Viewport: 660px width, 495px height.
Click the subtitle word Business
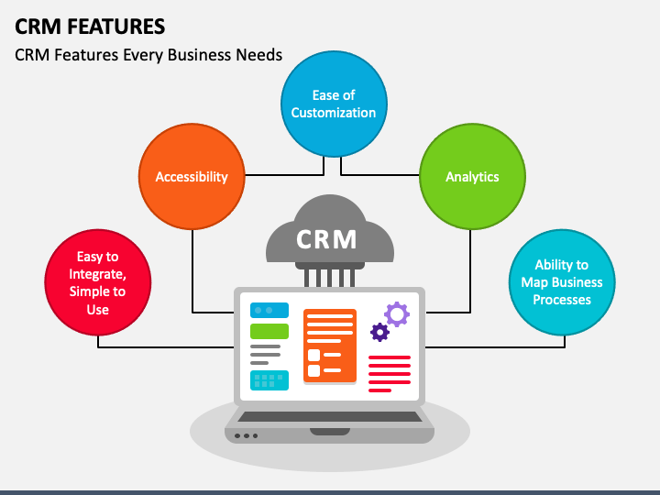(x=194, y=55)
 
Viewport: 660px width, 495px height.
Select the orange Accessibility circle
(x=192, y=177)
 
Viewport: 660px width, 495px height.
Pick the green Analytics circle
(x=472, y=177)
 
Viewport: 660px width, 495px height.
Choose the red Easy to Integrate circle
(x=98, y=283)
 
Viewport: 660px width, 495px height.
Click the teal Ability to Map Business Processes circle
(x=562, y=282)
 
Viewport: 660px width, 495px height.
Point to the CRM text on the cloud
(x=326, y=239)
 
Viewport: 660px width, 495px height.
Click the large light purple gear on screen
(x=397, y=314)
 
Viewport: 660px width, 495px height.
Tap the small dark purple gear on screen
(x=379, y=332)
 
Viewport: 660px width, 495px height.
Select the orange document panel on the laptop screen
(x=330, y=345)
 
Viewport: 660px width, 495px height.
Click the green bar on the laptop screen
(x=269, y=331)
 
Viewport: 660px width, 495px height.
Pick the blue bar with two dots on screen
(x=269, y=310)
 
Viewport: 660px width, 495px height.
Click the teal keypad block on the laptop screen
(x=269, y=379)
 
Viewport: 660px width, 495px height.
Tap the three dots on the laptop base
(x=247, y=435)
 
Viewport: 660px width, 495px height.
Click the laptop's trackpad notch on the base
(x=330, y=431)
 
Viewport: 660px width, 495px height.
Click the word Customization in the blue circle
(x=334, y=113)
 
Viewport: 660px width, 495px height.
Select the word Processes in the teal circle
(x=562, y=300)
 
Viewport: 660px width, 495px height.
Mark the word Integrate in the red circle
(x=97, y=274)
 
